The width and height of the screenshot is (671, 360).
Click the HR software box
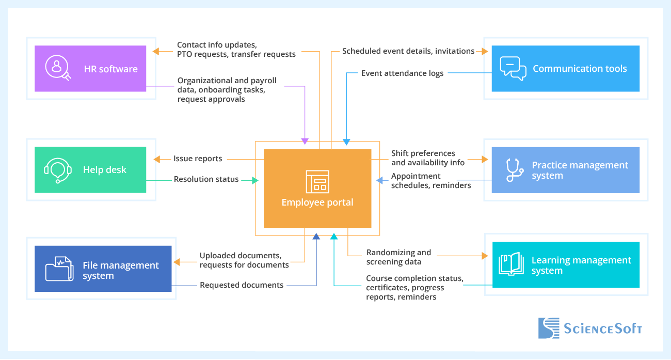tap(90, 69)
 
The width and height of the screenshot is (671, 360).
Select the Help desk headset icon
tap(57, 170)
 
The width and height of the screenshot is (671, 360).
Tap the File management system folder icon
tap(59, 269)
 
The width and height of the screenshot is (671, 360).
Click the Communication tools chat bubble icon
tap(513, 69)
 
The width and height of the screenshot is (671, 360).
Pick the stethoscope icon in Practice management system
tap(514, 170)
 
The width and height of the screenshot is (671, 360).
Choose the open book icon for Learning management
tap(511, 264)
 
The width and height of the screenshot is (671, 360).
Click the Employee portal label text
tap(317, 202)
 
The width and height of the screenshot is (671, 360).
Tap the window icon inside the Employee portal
tap(317, 181)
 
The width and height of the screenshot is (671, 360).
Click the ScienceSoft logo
tap(590, 328)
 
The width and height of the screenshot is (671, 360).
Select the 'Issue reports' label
tap(198, 159)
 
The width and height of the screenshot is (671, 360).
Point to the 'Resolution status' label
tap(206, 179)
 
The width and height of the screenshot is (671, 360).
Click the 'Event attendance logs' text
tap(402, 73)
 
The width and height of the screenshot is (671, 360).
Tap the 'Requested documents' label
tap(242, 285)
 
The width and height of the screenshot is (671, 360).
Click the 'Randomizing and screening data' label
tap(398, 257)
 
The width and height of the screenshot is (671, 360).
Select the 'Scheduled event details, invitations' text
tap(408, 51)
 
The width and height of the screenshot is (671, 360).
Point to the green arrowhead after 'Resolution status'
tap(255, 180)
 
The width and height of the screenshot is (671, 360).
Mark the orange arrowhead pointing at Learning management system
tap(484, 256)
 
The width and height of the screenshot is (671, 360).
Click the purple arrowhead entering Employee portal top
tap(305, 141)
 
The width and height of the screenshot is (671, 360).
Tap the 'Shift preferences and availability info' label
tap(428, 158)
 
